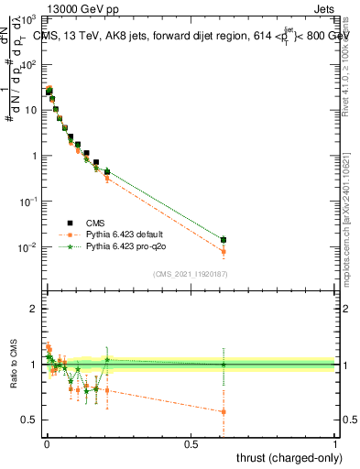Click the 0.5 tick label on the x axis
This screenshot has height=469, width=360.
(x=191, y=444)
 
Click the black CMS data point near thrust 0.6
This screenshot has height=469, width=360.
(x=224, y=240)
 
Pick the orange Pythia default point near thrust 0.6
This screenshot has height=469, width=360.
(x=224, y=252)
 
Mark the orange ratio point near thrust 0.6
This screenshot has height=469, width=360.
(x=224, y=411)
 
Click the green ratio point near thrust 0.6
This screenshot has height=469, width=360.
(x=224, y=365)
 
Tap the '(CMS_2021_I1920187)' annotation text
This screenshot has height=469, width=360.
(x=191, y=274)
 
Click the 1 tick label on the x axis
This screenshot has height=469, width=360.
(x=335, y=444)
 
